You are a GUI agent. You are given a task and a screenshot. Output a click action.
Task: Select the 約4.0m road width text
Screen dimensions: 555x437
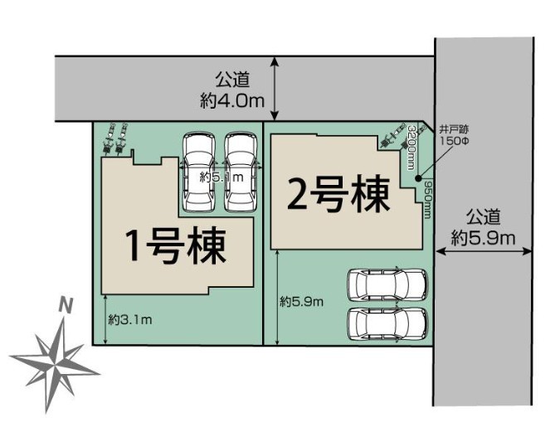click(232, 101)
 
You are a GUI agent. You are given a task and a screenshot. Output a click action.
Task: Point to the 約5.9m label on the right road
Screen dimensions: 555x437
click(483, 239)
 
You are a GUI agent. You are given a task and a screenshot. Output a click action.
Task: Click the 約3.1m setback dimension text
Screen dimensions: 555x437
click(130, 320)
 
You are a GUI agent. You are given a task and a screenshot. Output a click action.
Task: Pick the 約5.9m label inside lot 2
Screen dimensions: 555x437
click(302, 302)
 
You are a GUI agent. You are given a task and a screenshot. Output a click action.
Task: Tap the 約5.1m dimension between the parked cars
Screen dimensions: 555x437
click(222, 177)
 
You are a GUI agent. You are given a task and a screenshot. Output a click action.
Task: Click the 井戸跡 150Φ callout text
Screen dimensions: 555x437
click(454, 135)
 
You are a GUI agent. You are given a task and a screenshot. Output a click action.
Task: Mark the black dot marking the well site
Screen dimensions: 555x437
click(418, 178)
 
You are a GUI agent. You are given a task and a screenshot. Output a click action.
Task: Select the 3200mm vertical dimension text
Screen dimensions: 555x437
click(411, 148)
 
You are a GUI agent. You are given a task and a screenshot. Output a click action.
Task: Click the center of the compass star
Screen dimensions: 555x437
click(56, 365)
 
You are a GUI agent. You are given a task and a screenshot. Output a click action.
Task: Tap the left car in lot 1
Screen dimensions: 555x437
click(198, 172)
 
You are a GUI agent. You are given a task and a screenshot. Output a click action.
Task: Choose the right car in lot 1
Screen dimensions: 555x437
click(241, 172)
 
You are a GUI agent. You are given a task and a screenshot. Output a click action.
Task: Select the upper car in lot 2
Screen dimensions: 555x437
click(388, 285)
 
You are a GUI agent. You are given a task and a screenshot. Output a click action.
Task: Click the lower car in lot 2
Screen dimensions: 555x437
click(388, 324)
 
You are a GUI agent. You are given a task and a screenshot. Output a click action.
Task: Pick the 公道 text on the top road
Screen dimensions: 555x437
click(232, 80)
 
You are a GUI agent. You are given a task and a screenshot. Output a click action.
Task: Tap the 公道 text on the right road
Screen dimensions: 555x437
click(483, 217)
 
